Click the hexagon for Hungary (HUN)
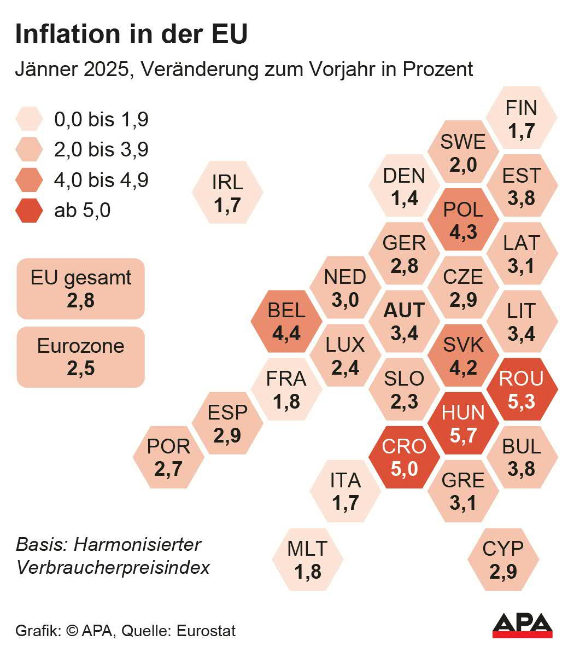463,423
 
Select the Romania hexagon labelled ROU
522,389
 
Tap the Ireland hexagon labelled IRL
227,193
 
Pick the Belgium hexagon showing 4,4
286,322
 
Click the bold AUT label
404,311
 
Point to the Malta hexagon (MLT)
308,560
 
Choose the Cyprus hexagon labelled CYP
503,560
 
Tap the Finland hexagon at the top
522,118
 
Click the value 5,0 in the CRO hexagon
405,469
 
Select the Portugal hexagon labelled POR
168,457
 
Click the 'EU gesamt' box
81,288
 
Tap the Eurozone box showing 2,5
81,357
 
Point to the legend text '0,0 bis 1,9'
101,119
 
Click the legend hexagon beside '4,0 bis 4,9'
29,180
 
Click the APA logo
522,625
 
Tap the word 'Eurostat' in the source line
206,631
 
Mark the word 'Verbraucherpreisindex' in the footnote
113,567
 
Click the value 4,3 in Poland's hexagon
463,232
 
